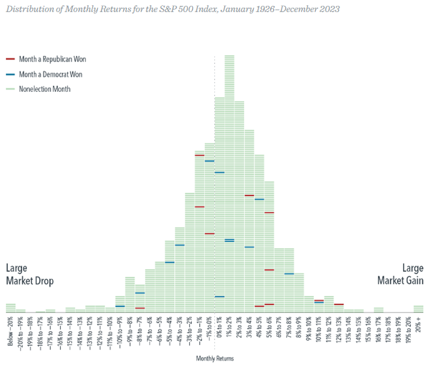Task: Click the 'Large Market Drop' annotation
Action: [30, 275]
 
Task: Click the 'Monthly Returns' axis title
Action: [214, 358]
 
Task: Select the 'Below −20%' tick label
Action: [10, 331]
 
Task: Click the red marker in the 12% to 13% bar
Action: [339, 304]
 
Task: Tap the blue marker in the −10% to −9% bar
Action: [120, 306]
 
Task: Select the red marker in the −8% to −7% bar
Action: [140, 308]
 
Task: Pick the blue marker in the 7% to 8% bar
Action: [289, 274]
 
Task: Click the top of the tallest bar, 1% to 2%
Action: [229, 56]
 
